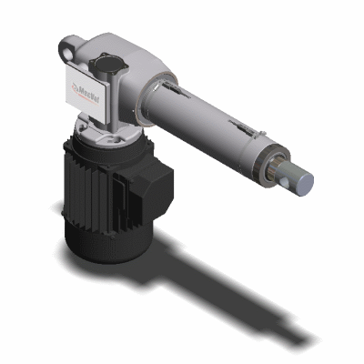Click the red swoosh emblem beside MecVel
(x=75, y=89)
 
